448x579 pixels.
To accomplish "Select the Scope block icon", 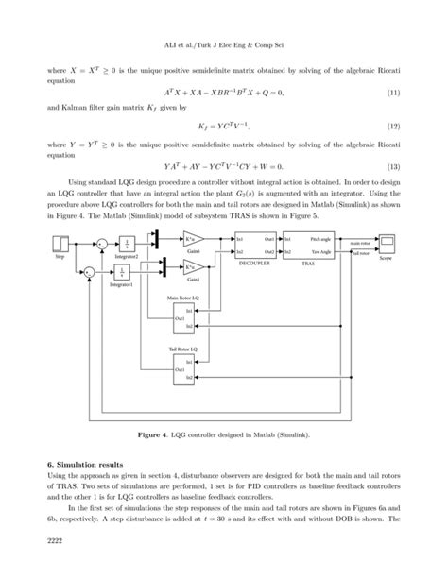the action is point(388,246).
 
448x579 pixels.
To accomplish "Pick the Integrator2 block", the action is point(126,245).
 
